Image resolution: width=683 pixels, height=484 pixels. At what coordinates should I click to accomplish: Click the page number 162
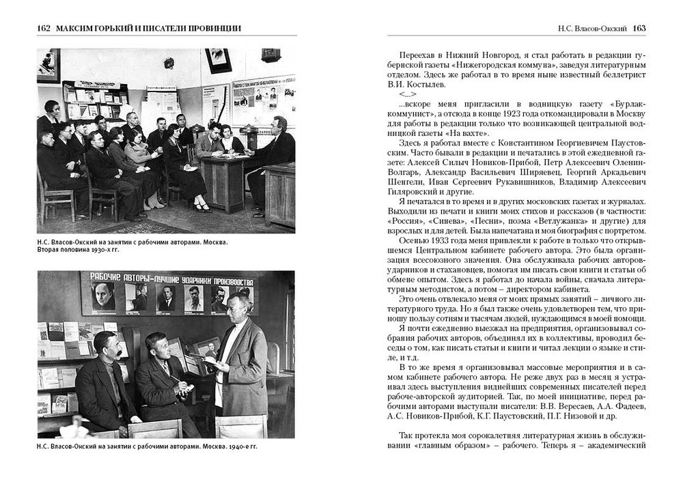click(x=43, y=28)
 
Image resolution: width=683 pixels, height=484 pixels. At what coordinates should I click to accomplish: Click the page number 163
click(x=639, y=28)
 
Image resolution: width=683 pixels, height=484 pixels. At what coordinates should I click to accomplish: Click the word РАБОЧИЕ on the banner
click(x=108, y=279)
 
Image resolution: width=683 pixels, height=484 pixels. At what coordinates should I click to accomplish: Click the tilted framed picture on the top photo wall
click(x=218, y=59)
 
